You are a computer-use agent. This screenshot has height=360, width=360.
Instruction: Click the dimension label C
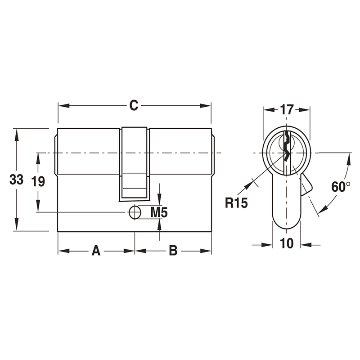pos(134,105)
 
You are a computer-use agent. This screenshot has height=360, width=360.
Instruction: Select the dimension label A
pos(96,251)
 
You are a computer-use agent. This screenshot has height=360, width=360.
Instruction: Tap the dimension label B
pos(173,251)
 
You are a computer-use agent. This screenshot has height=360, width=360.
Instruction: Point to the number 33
pos(17,180)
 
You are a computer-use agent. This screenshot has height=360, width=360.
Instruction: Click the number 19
pos(38,182)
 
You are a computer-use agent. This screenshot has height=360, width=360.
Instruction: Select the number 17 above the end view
pos(287,109)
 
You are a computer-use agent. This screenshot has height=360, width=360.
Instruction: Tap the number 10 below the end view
pos(287,243)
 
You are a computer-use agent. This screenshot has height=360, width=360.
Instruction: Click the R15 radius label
pos(236,203)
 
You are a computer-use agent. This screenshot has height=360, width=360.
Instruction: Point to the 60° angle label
pos(341,186)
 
